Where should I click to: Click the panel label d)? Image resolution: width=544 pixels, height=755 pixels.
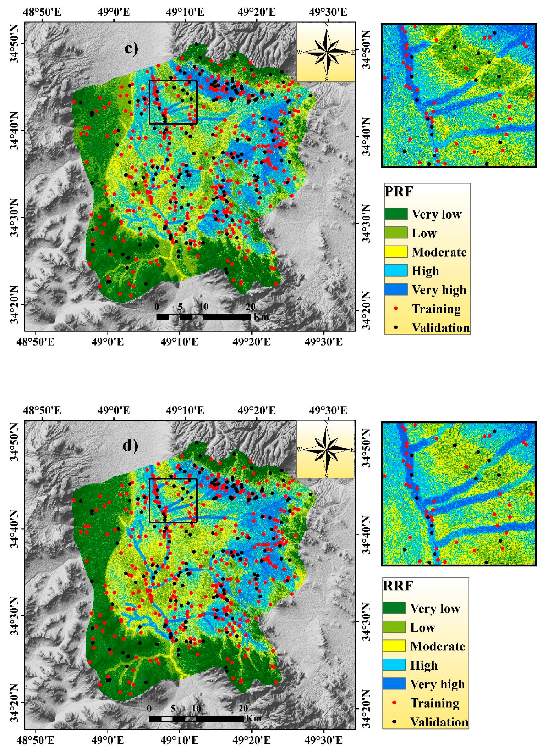(130, 445)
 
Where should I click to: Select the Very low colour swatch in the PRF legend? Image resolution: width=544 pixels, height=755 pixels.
(396, 214)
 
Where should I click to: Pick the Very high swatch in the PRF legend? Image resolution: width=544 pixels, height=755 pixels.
(396, 289)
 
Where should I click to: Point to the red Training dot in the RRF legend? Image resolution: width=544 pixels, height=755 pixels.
(394, 703)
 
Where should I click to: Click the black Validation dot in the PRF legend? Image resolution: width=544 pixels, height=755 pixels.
(396, 327)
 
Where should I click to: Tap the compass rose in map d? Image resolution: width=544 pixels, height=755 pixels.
(326, 449)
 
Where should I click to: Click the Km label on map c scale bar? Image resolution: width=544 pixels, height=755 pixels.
(261, 316)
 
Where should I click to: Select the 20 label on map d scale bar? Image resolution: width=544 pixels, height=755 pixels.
(243, 708)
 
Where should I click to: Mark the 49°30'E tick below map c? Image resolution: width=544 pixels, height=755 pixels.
(323, 342)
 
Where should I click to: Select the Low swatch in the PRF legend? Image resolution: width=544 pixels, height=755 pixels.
(396, 233)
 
